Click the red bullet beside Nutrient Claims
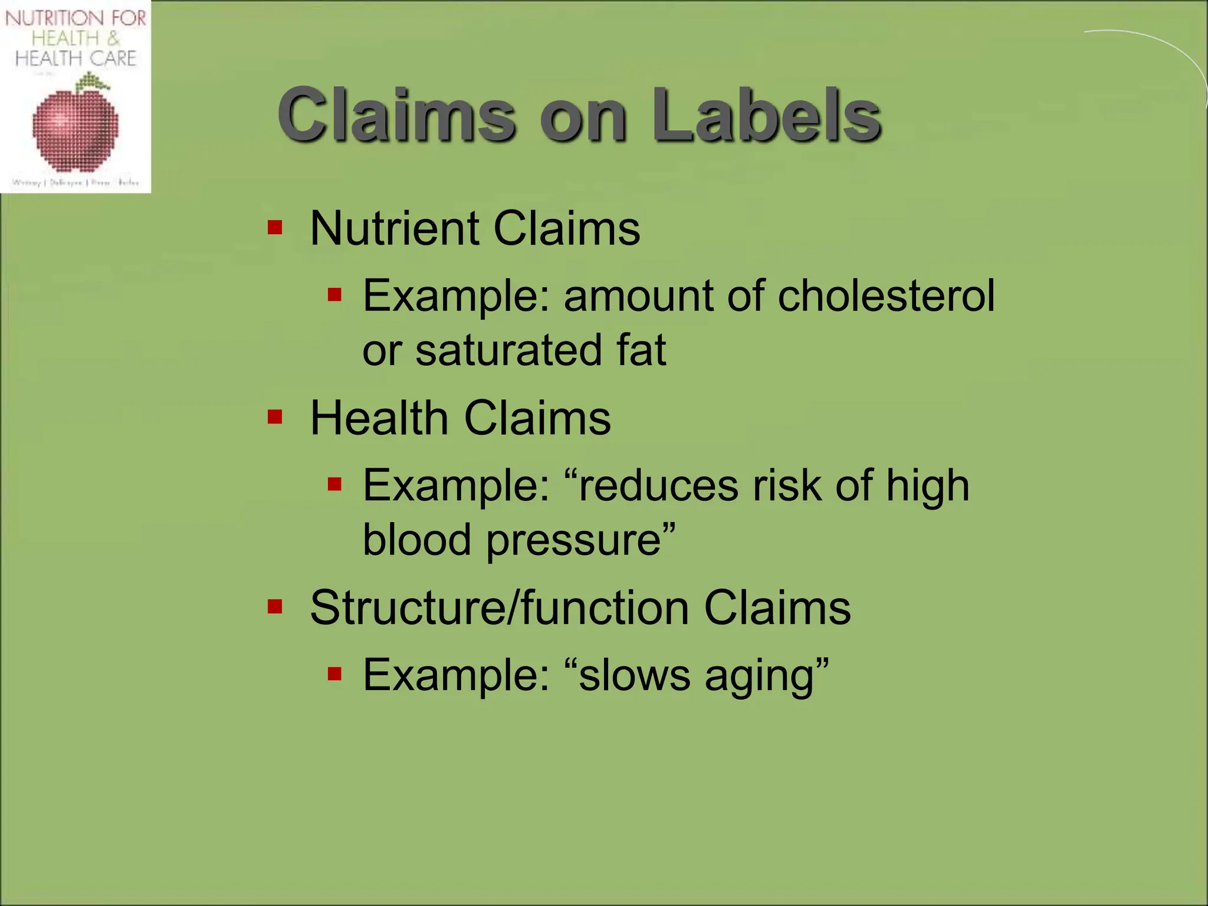coord(275,227)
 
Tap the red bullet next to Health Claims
coord(275,417)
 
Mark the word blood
coord(416,540)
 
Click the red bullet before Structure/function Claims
coord(275,606)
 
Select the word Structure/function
coord(499,608)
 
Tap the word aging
coord(760,677)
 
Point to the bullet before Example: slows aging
coord(335,674)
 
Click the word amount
coord(638,296)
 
